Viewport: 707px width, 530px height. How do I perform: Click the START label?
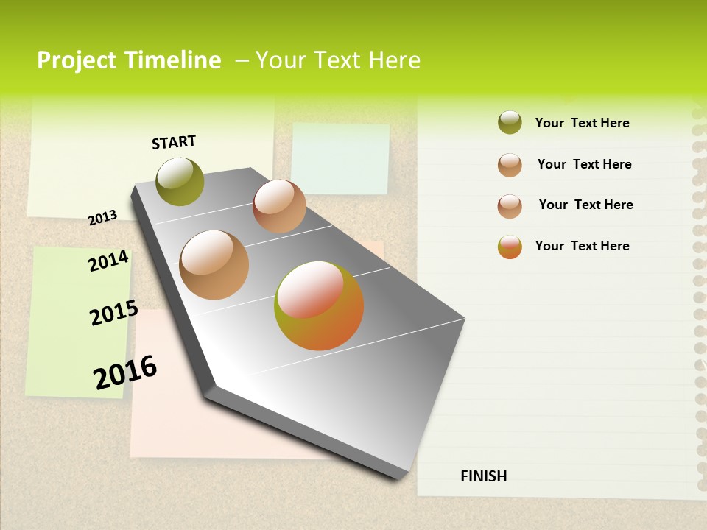pos(174,142)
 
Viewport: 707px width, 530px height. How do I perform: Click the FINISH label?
pos(483,476)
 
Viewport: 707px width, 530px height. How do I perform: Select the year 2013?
pos(102,217)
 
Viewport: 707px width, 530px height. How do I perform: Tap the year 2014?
pos(108,261)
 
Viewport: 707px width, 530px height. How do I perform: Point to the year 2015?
pos(113,313)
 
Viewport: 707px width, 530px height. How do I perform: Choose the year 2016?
pos(125,372)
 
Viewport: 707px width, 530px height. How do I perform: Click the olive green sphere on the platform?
pos(180,181)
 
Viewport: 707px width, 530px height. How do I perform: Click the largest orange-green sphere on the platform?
pos(319,305)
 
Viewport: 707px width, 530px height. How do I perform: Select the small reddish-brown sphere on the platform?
pos(279,206)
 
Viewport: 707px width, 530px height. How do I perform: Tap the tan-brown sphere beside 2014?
pos(214,265)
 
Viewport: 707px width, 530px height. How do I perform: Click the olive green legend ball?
pos(510,123)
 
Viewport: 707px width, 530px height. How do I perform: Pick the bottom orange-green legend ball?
pos(510,247)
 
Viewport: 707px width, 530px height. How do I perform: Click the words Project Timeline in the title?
pos(129,60)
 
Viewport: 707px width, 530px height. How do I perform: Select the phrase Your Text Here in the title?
pos(338,60)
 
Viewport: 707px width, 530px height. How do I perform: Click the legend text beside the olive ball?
pos(582,123)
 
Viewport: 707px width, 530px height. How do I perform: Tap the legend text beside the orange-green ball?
pos(582,246)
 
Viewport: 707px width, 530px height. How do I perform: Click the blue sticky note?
pos(340,158)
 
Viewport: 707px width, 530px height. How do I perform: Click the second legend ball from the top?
pos(510,165)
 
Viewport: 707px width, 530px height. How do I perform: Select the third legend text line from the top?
pos(585,205)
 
